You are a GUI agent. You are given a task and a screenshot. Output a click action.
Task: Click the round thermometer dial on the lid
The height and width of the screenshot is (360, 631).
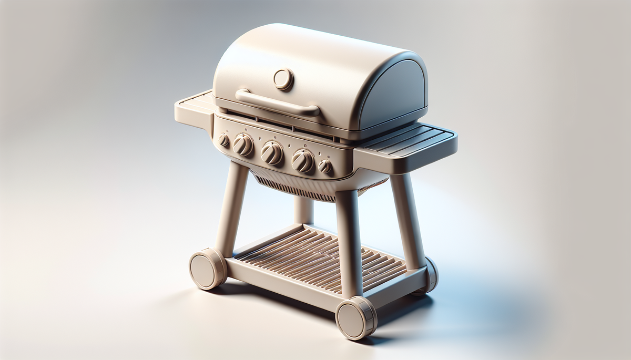pos(283,79)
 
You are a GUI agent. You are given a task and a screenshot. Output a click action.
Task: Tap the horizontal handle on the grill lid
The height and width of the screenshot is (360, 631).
pos(277,102)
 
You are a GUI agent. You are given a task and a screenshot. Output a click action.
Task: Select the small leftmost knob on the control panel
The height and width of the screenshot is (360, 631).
pos(224,140)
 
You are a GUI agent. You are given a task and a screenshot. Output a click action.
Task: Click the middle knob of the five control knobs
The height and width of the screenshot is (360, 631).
pos(272,152)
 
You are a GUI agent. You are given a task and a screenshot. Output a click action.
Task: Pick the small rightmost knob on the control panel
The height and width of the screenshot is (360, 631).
pos(325,166)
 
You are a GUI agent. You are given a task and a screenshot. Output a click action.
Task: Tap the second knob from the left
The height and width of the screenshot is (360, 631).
pos(243,145)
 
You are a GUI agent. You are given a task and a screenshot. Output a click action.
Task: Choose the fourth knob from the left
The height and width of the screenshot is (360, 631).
pos(303,160)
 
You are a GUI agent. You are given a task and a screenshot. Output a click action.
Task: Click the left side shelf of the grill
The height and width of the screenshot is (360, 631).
pos(193,108)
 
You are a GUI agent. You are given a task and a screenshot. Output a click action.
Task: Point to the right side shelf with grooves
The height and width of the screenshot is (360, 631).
pos(408,140)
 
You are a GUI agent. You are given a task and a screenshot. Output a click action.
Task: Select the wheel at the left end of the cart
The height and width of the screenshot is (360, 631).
pos(207,269)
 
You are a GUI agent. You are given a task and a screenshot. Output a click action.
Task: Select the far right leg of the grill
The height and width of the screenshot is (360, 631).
pos(407,221)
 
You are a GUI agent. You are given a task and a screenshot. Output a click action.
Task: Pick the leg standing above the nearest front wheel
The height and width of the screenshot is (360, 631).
pos(349,242)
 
